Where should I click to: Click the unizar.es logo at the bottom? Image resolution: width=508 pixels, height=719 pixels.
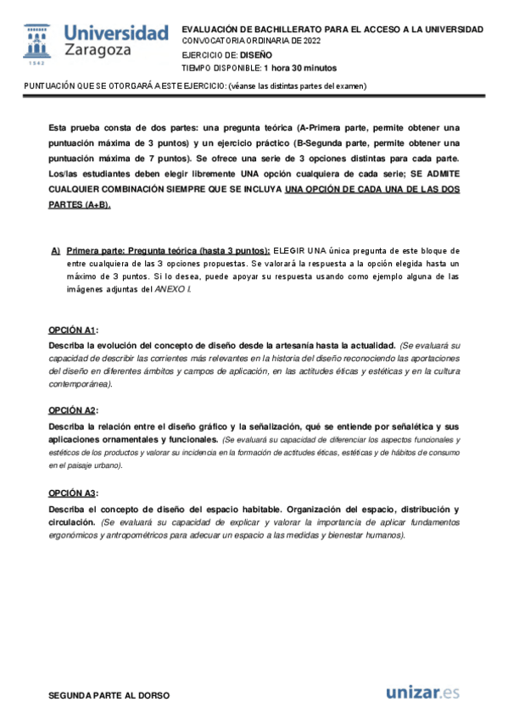[x=422, y=693]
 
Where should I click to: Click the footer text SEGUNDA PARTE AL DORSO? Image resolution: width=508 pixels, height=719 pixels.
[x=109, y=695]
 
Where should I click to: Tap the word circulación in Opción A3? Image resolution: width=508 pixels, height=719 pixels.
[x=72, y=523]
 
